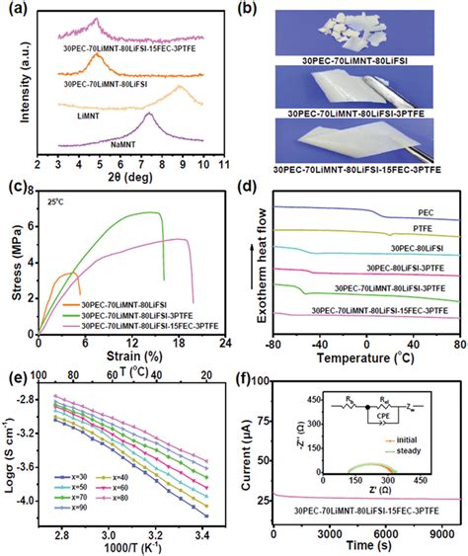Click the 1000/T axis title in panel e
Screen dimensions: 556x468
coord(126,547)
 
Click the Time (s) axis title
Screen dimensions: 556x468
coord(359,547)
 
